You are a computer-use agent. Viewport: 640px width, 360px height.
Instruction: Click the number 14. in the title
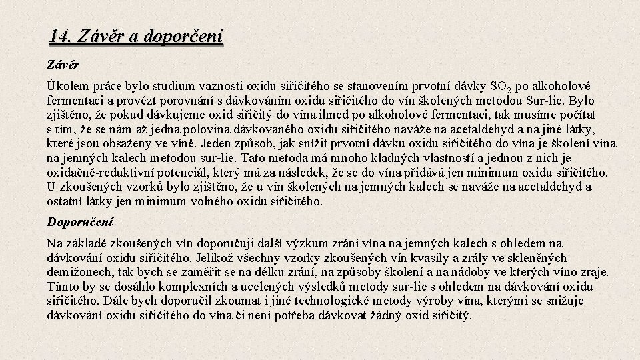pos(61,35)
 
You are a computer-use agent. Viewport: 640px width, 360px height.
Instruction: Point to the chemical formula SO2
pos(501,87)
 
